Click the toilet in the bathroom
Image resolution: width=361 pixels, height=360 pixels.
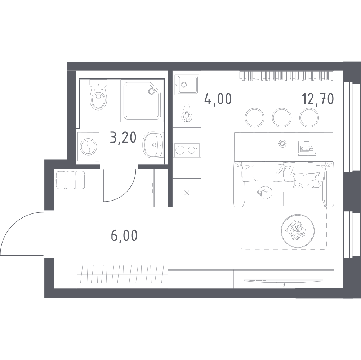tap(99, 95)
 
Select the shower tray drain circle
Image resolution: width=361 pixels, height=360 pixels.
tap(152, 91)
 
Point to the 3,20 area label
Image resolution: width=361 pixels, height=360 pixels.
tap(123, 138)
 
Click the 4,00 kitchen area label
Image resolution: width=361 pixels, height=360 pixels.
tap(218, 99)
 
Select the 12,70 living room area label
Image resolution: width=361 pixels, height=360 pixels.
tap(318, 99)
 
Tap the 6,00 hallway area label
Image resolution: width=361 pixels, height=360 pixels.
tap(124, 235)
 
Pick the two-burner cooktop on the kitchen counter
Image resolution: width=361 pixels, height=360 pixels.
tap(187, 150)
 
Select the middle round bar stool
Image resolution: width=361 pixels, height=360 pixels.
tap(282, 118)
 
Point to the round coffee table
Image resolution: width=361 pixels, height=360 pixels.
tap(297, 231)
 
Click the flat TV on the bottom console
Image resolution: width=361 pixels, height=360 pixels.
tap(284, 281)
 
